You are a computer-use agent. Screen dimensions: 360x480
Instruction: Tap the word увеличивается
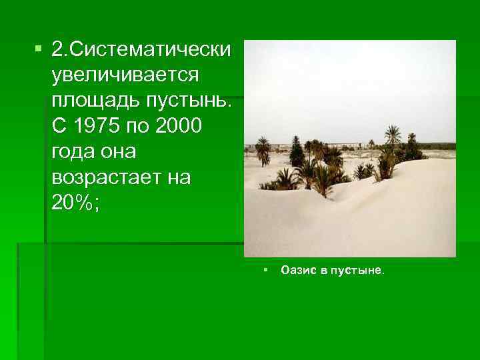point(124,75)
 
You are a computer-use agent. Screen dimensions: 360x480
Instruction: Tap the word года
point(72,151)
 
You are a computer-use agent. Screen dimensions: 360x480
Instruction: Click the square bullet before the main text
point(37,49)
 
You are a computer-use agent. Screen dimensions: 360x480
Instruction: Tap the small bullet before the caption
point(265,270)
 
